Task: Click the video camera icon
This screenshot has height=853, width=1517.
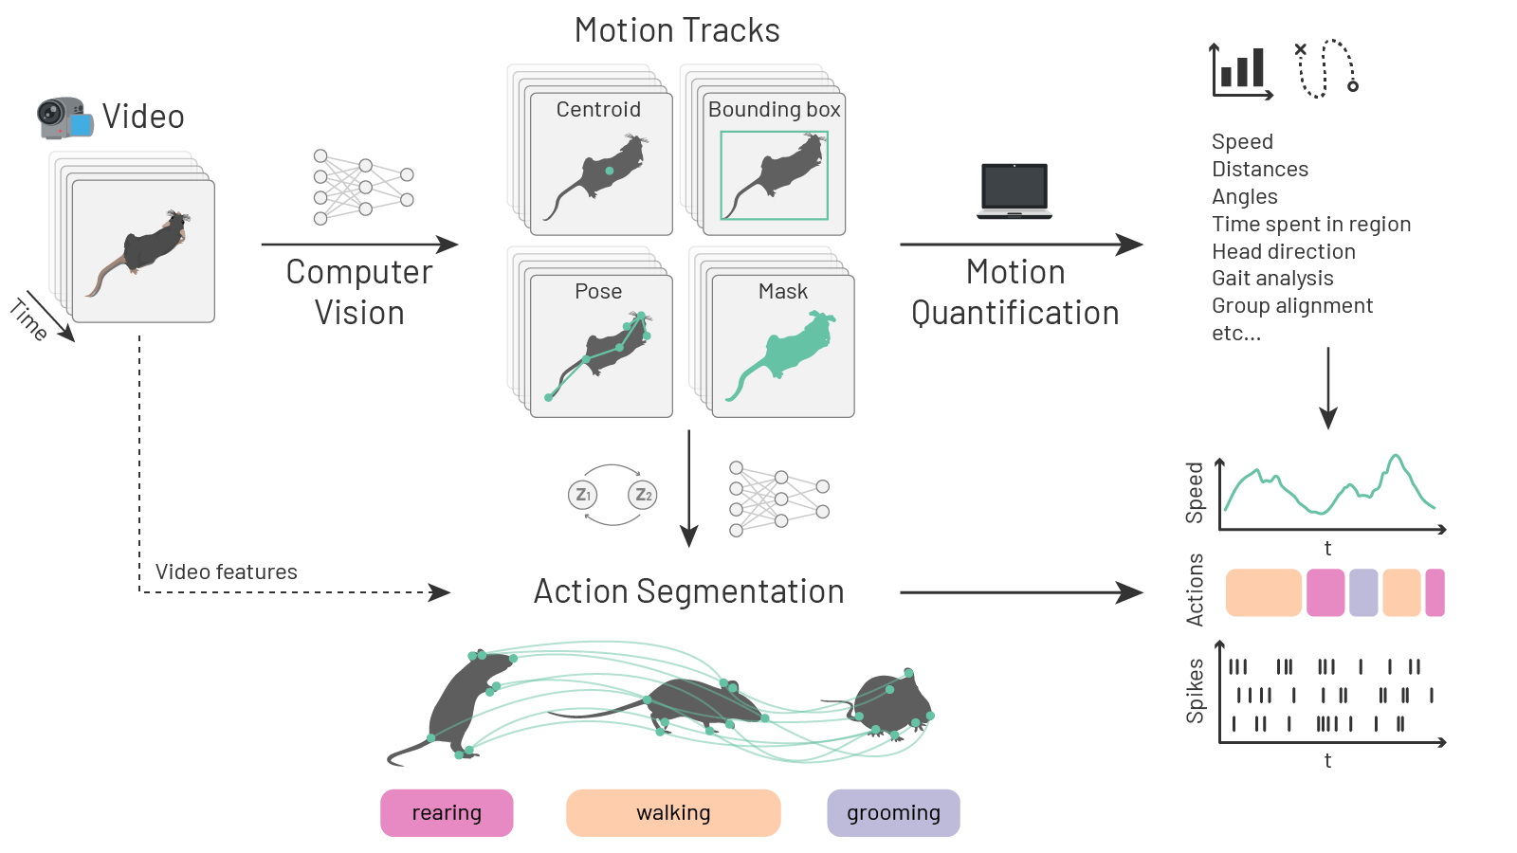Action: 64,118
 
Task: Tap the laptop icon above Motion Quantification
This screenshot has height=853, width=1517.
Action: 1014,191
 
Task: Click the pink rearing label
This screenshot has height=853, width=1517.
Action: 447,812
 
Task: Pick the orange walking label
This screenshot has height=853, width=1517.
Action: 673,812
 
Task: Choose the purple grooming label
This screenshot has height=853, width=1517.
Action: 893,812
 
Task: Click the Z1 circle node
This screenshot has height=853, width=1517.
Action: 582,495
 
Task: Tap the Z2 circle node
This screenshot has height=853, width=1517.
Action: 643,495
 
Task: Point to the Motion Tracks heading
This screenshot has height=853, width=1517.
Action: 677,30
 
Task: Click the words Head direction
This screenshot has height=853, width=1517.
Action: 1284,251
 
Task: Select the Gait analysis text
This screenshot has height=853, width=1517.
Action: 1272,279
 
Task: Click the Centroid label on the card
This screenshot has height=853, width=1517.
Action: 598,110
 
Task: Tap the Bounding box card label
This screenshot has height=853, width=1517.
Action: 774,110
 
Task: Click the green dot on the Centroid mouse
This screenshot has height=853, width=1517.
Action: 610,171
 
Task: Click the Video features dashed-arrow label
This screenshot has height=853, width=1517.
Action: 226,572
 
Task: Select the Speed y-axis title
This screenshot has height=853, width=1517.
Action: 1194,493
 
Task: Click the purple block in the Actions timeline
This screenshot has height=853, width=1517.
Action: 1363,592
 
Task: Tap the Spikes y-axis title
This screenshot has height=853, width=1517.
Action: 1195,691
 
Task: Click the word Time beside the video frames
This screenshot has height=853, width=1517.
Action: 28,320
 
